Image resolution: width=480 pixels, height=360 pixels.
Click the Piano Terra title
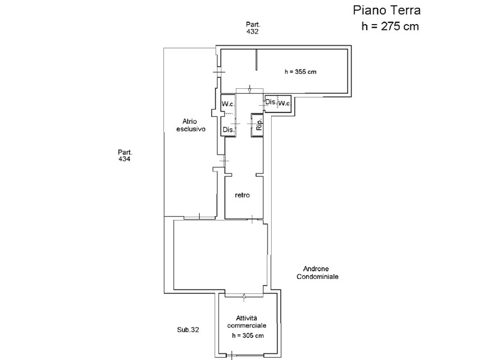tap(386, 10)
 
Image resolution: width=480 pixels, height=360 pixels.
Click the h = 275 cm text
tap(390, 26)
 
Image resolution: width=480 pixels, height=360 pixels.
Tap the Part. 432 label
tap(253, 28)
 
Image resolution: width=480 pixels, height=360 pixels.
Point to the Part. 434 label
tap(125, 155)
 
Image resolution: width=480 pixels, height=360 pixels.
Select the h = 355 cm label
tap(301, 72)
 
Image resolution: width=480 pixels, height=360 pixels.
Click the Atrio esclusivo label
tap(191, 125)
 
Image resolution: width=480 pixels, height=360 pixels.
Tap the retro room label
tap(242, 195)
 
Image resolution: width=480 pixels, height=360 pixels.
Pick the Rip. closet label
tap(259, 125)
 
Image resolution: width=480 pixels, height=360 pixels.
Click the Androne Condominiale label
tap(317, 273)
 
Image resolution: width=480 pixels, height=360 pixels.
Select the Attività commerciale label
tap(247, 322)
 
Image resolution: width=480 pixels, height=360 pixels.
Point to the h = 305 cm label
tap(248, 336)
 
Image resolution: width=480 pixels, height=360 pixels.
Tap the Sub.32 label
tap(188, 329)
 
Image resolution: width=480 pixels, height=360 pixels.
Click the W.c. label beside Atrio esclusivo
tap(228, 104)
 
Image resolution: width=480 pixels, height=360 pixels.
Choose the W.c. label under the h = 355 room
tap(284, 103)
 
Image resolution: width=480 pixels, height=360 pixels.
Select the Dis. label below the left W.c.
tap(229, 130)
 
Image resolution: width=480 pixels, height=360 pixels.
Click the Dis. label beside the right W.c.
tap(271, 102)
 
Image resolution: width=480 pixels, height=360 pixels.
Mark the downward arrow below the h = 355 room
tap(250, 89)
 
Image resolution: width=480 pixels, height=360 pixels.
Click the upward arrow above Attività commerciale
tap(244, 297)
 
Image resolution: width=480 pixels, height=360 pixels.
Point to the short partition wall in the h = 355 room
tap(257, 60)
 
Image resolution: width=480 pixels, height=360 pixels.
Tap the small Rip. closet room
tap(257, 125)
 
